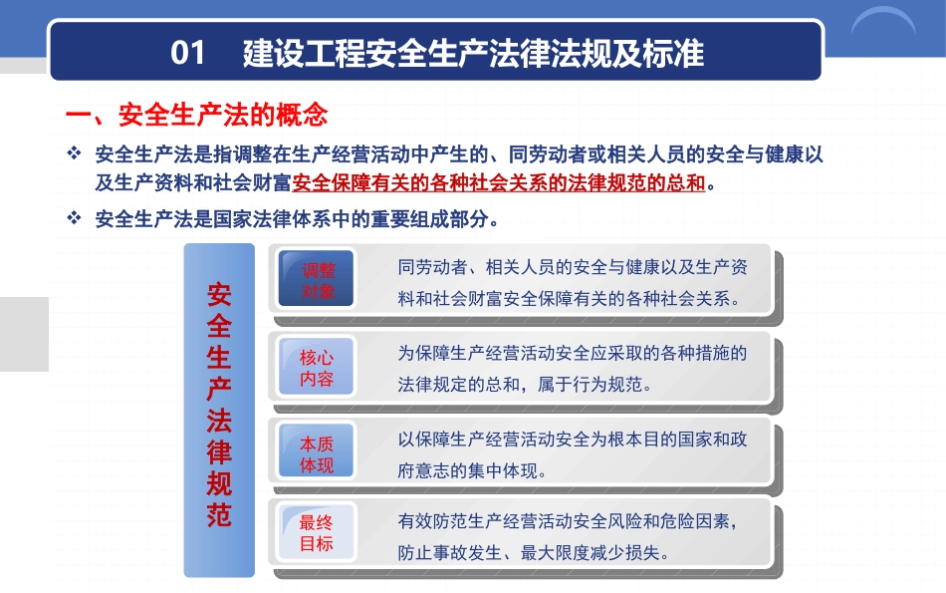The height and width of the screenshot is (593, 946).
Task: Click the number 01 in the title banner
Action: coord(187,53)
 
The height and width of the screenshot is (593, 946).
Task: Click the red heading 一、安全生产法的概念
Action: coord(197,115)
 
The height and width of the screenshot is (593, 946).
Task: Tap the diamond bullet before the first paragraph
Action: coord(74,152)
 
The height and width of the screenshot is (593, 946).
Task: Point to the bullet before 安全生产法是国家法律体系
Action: coord(74,217)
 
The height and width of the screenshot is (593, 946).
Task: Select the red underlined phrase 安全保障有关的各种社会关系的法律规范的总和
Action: coord(499,182)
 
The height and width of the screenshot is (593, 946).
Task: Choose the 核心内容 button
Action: coord(316,367)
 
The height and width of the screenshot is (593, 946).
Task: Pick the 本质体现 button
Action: coord(316,451)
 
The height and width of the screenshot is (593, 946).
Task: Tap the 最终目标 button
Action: coord(316,532)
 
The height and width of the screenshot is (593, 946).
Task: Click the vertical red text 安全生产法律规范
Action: coord(219,404)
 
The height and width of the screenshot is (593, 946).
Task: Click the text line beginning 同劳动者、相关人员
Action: coord(573,267)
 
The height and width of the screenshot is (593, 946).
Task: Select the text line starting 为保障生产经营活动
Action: coord(573,353)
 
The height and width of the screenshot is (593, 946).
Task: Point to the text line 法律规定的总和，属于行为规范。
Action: coord(525,384)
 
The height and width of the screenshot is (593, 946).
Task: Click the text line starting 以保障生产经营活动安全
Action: coord(573,439)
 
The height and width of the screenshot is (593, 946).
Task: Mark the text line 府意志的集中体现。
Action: coord(472,470)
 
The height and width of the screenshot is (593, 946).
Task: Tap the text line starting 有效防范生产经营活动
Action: coord(568,520)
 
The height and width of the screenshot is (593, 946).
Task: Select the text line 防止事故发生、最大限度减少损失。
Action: coord(534,552)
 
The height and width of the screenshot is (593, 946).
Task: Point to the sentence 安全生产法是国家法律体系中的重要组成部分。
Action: coord(297,218)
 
